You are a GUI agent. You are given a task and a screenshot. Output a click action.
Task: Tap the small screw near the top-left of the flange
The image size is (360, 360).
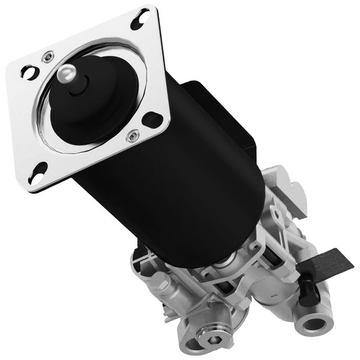46,59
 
